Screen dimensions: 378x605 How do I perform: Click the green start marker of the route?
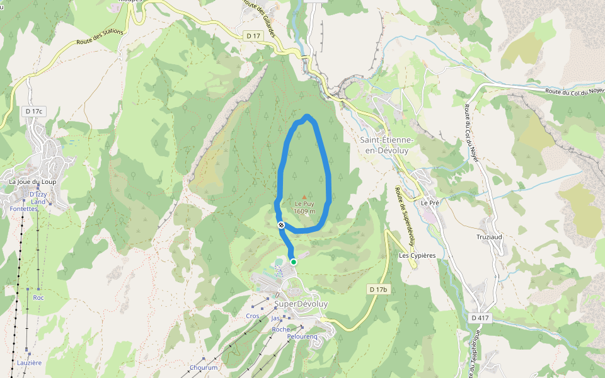(294, 262)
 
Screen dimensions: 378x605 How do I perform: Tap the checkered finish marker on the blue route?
(280, 225)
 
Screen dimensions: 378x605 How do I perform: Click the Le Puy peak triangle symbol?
(304, 197)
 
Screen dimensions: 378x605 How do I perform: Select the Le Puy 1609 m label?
(304, 207)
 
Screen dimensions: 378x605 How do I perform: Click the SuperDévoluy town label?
(301, 304)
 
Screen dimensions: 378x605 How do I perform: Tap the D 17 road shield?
(253, 36)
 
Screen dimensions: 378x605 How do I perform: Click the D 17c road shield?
(34, 112)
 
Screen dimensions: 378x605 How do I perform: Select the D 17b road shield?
(377, 289)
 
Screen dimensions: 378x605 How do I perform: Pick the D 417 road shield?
(480, 318)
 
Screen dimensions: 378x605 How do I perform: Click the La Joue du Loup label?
(33, 181)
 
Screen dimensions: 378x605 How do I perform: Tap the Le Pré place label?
(430, 203)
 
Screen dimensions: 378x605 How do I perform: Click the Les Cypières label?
(417, 255)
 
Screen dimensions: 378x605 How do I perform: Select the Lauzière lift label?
(30, 363)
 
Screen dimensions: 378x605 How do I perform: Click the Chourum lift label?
(204, 367)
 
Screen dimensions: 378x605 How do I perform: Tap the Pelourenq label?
(302, 337)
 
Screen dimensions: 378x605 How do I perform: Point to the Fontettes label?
(24, 209)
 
